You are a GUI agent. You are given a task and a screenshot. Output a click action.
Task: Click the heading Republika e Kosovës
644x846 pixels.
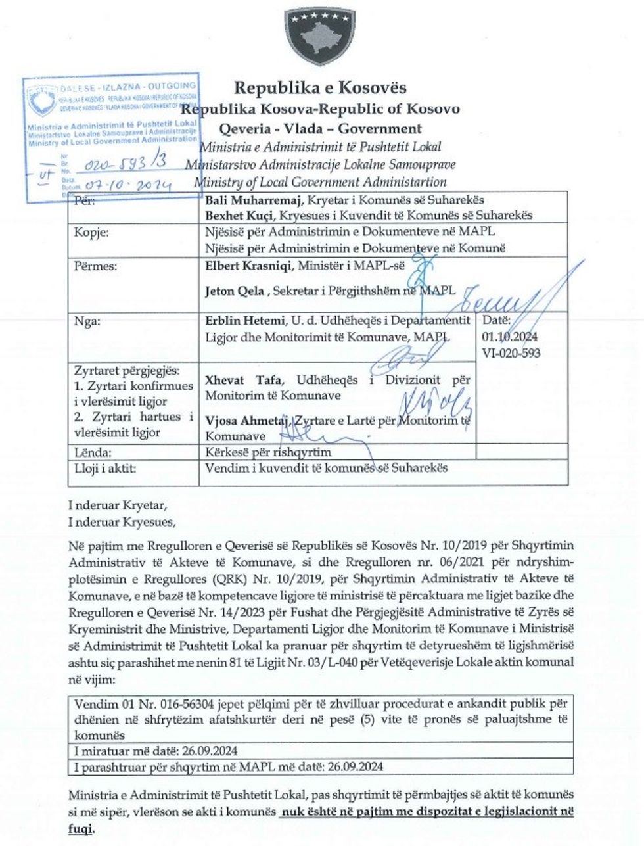coord(321,87)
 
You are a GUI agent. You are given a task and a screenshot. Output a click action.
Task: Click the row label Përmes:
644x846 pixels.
coord(96,266)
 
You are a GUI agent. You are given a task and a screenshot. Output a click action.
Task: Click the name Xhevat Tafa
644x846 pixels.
coord(235,381)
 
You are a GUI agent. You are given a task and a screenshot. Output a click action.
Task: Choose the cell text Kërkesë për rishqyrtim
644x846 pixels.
coord(269,452)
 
